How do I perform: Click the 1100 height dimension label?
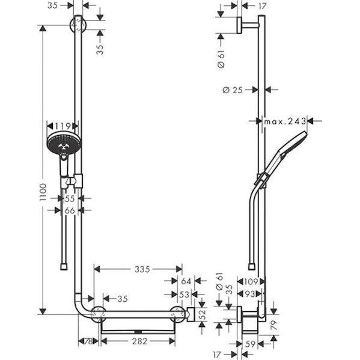click(x=43, y=192)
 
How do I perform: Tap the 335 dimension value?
click(x=142, y=269)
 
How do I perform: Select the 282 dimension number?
click(x=139, y=341)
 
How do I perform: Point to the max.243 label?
click(x=285, y=121)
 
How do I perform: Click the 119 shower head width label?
click(x=63, y=126)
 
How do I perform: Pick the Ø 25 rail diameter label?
click(x=233, y=90)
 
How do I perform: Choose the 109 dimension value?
click(x=251, y=281)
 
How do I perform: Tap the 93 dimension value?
click(x=250, y=294)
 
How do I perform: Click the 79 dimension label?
click(x=274, y=325)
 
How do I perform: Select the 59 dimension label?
click(x=250, y=344)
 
